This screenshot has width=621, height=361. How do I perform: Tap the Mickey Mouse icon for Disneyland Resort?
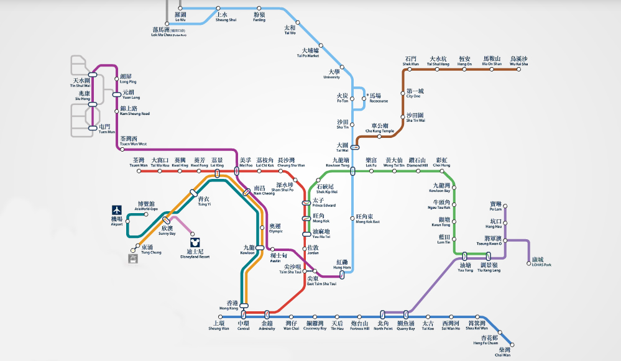[x=195, y=241]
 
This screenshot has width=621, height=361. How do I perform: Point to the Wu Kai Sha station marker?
[x=518, y=70]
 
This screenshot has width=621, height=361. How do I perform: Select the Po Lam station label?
[x=495, y=206]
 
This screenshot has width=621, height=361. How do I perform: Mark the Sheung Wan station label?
[x=219, y=325]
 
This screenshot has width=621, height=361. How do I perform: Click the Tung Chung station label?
[x=151, y=250]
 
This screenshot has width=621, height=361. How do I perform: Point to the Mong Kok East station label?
[x=368, y=219]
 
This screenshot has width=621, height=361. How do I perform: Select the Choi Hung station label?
[x=442, y=162]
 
